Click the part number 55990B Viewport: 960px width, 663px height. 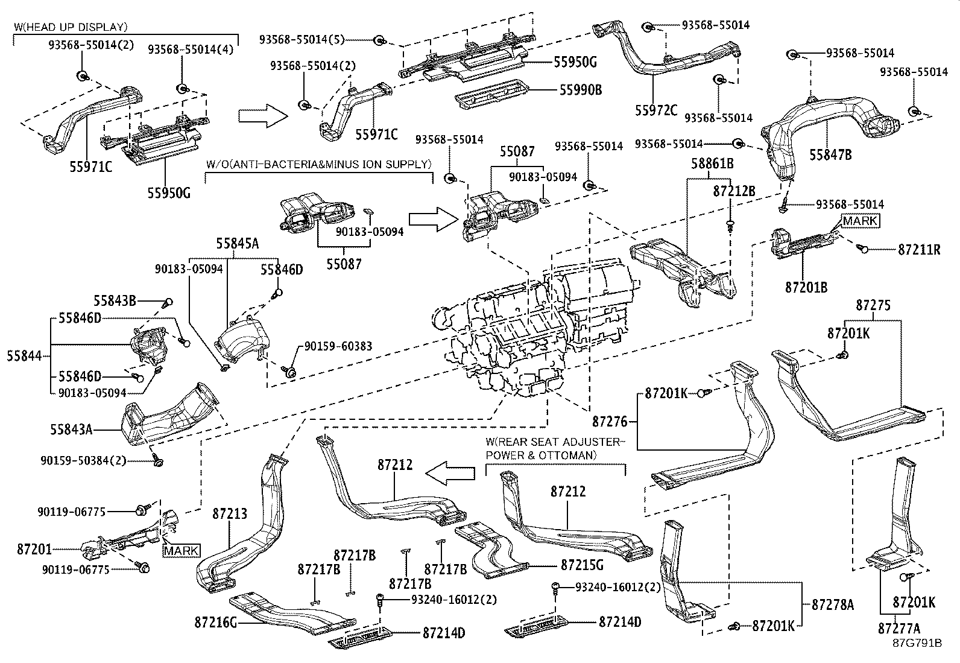point(581,90)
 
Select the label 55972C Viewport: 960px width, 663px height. point(655,110)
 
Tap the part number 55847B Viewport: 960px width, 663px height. point(830,155)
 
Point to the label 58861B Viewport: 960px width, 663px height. point(712,163)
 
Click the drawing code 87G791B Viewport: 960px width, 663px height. point(917,643)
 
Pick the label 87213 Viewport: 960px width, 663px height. point(230,513)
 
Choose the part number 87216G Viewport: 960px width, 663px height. point(216,622)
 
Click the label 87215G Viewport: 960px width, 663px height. point(582,566)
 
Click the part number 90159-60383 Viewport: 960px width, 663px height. point(338,346)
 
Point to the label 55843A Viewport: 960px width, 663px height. point(71,430)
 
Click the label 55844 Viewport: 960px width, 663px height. point(25,356)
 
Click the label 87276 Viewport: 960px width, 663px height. point(610,420)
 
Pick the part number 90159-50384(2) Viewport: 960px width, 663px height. point(84,460)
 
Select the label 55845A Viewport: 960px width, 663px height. point(238,243)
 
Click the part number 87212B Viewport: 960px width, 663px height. point(734,191)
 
